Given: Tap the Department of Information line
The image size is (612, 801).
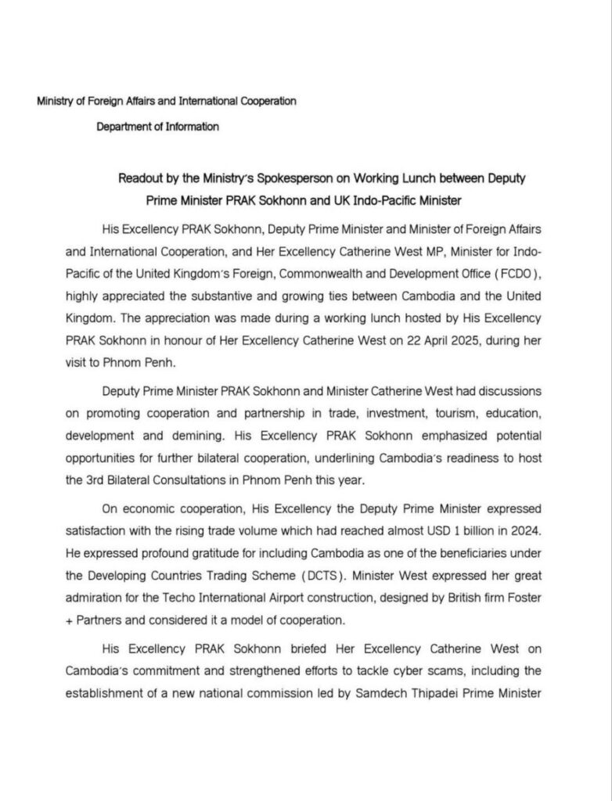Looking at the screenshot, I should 157,126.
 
